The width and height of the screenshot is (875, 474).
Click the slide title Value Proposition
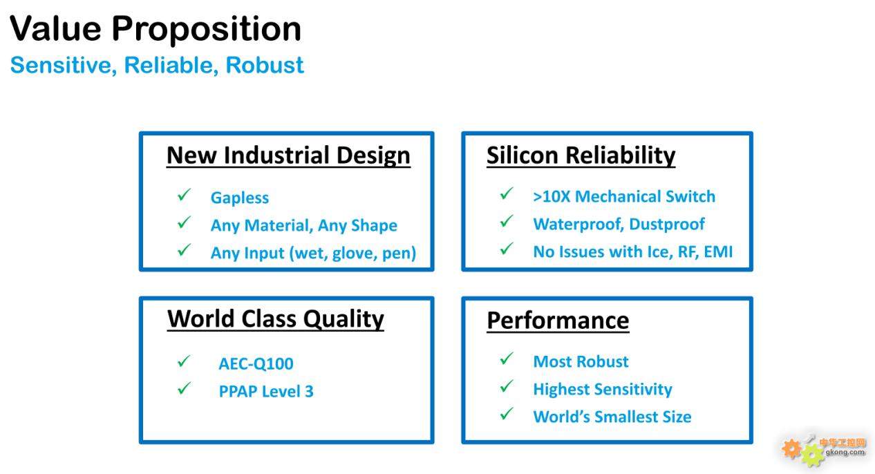pyautogui.click(x=156, y=30)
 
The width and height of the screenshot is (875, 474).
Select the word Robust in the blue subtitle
pyautogui.click(x=265, y=65)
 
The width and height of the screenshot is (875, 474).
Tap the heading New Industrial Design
pyautogui.click(x=288, y=155)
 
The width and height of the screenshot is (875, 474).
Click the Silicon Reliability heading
pyautogui.click(x=581, y=155)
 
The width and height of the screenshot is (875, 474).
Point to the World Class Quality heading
pyautogui.click(x=275, y=320)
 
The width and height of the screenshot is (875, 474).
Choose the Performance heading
pyautogui.click(x=558, y=321)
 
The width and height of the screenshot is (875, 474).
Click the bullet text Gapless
pyautogui.click(x=239, y=198)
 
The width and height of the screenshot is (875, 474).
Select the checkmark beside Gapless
pyautogui.click(x=184, y=194)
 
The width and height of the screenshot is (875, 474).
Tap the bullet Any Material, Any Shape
pyautogui.click(x=304, y=225)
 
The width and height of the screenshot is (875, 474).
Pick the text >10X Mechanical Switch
pyautogui.click(x=624, y=196)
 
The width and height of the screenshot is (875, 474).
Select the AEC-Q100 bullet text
pyautogui.click(x=256, y=364)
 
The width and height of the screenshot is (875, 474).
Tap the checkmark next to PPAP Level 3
pyautogui.click(x=184, y=388)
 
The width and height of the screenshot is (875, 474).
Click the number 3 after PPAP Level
pyautogui.click(x=309, y=392)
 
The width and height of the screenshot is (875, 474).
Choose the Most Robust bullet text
pyautogui.click(x=581, y=361)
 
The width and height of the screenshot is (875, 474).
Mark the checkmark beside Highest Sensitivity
pyautogui.click(x=507, y=386)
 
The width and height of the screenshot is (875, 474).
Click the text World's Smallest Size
pyautogui.click(x=612, y=417)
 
